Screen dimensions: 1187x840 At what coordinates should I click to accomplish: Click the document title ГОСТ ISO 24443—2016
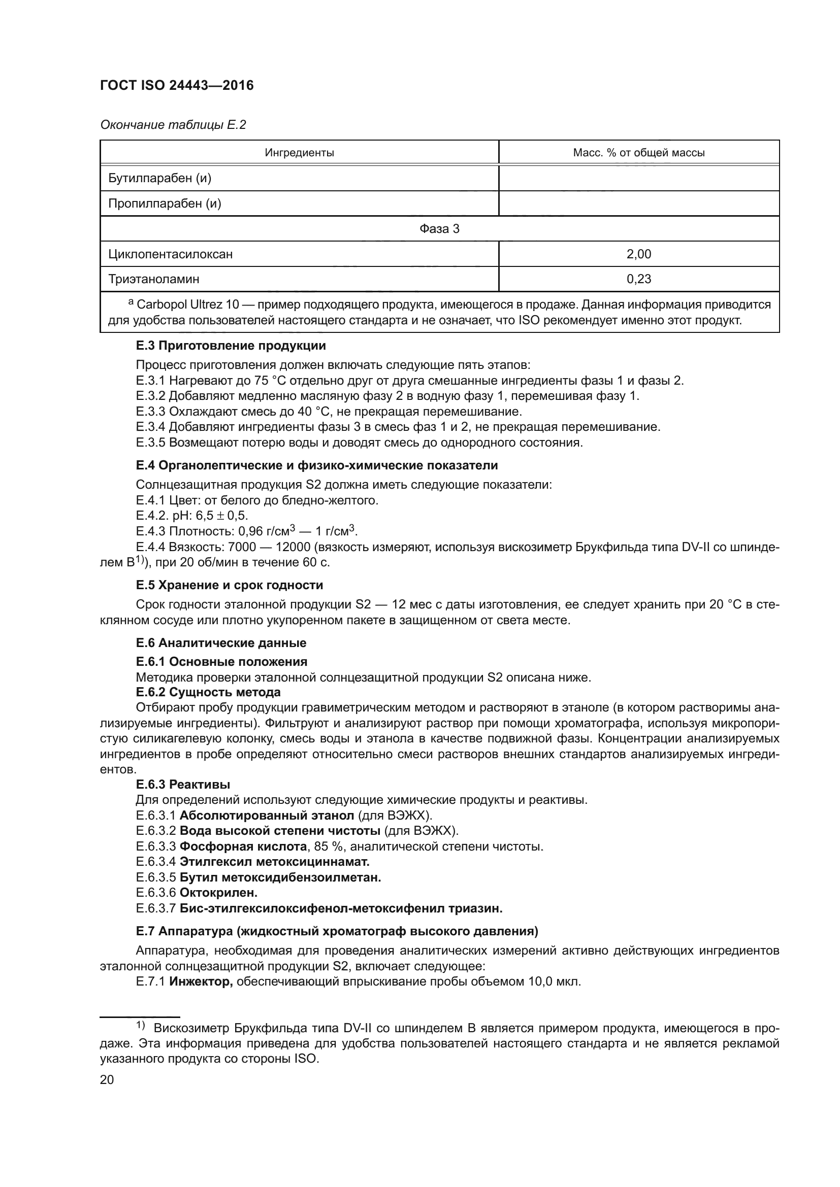(x=177, y=85)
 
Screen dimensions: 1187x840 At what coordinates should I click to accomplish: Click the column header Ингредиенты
(x=299, y=153)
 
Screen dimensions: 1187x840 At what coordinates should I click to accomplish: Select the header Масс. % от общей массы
(x=638, y=153)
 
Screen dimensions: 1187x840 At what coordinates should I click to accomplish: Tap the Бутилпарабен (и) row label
(x=160, y=178)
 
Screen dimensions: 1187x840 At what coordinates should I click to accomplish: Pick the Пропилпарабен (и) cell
(x=165, y=204)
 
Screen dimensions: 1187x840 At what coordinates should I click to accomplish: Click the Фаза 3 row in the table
(x=439, y=228)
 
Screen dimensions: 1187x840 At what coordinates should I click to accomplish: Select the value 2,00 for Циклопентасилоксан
(x=638, y=254)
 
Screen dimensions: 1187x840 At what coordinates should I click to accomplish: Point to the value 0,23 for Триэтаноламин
(x=638, y=279)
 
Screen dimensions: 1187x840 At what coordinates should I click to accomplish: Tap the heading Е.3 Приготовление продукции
(x=231, y=346)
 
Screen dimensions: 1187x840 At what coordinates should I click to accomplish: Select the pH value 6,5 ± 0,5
(x=222, y=516)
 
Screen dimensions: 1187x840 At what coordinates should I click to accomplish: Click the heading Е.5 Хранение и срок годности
(x=229, y=585)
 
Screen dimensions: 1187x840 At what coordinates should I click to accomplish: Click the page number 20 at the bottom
(x=107, y=1079)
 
